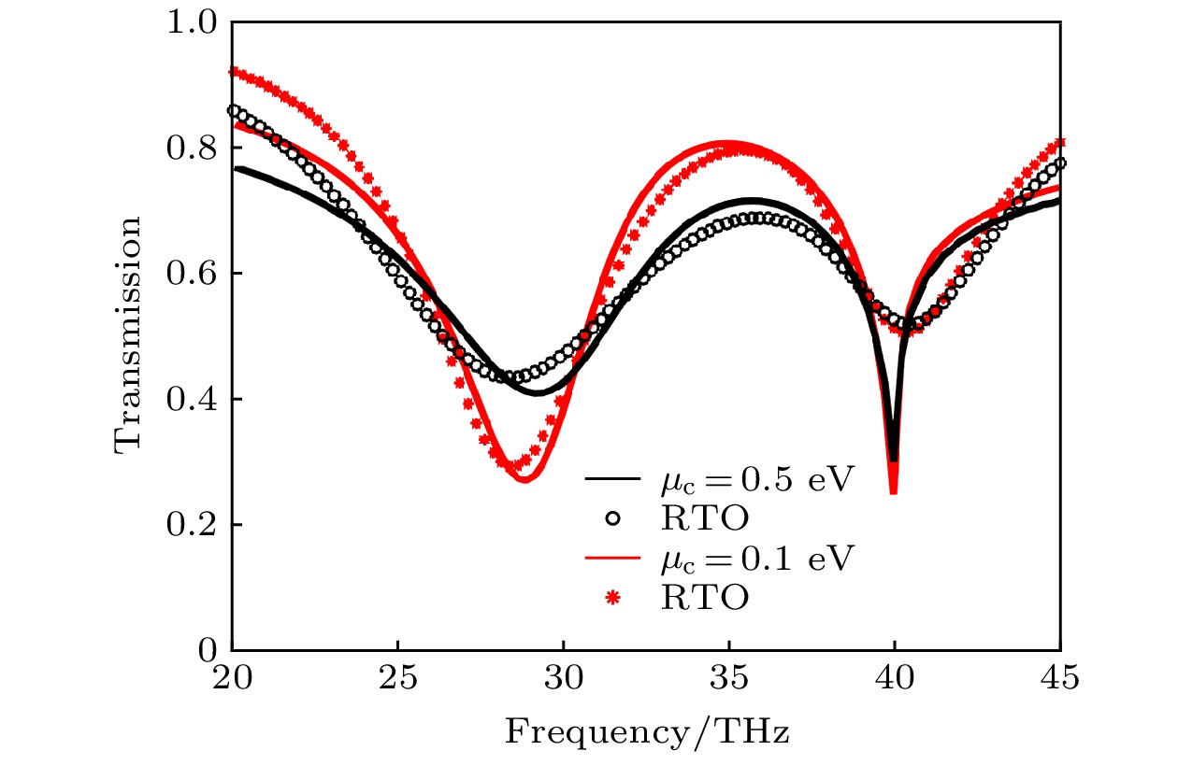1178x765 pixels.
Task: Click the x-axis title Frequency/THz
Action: [x=647, y=731]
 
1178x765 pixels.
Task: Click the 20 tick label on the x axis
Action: [x=232, y=679]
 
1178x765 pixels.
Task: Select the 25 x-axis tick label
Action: [x=398, y=679]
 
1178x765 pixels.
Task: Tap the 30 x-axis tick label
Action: [x=564, y=679]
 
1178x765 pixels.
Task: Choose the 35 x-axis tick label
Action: [x=729, y=679]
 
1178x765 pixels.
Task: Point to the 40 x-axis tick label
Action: [x=895, y=679]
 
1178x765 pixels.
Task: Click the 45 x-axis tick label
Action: [x=1060, y=679]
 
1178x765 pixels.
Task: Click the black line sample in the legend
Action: [x=612, y=479]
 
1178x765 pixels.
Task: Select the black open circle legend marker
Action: [x=612, y=517]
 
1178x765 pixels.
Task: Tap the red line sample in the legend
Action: [x=612, y=558]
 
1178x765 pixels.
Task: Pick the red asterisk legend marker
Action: [x=612, y=596]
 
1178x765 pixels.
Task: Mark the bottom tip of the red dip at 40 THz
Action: [x=894, y=492]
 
